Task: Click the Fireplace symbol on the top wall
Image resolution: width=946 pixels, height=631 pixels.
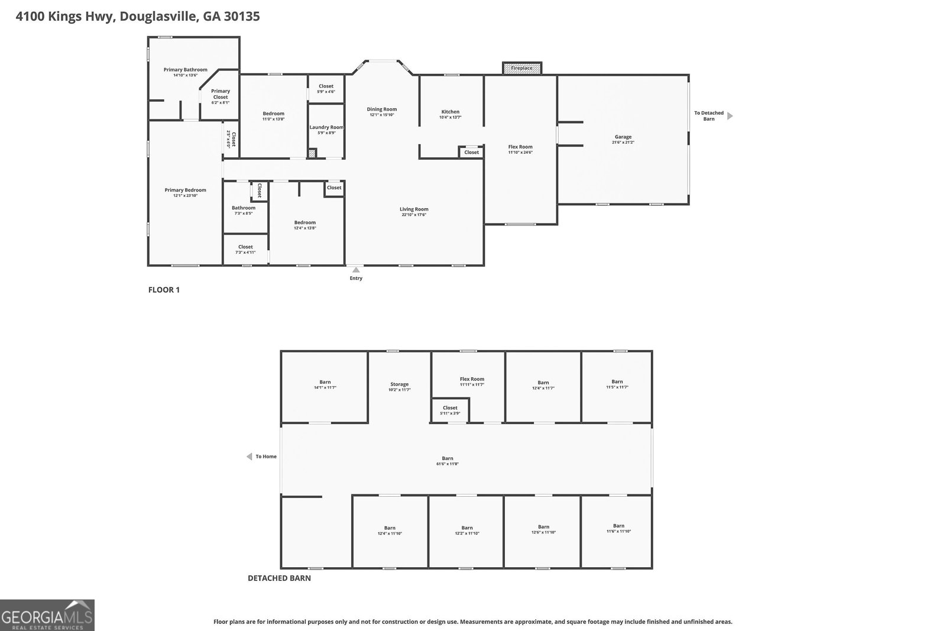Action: pos(521,68)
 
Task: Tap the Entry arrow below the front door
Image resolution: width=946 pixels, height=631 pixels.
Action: pos(355,270)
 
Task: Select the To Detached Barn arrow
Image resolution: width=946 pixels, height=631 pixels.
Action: pos(730,116)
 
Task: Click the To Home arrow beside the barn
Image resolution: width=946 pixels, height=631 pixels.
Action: pos(250,457)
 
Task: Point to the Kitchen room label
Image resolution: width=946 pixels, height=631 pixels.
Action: pos(450,112)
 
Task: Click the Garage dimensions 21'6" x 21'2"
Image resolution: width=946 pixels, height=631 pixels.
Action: pos(623,143)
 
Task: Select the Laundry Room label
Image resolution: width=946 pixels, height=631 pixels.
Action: pos(326,127)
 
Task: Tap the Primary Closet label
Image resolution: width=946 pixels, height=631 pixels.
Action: pos(221,94)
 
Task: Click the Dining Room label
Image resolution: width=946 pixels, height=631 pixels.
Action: pos(382,109)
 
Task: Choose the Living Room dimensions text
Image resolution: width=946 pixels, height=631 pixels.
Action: pos(414,215)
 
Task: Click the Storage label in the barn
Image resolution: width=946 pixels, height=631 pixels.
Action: pos(399,384)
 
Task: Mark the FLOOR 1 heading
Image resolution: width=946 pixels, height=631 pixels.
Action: pos(164,290)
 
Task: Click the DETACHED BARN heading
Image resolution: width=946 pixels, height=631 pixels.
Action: pos(279,578)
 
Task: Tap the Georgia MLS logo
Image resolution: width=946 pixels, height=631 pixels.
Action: pos(47,615)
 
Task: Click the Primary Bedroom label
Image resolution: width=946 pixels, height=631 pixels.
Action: pos(185,190)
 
